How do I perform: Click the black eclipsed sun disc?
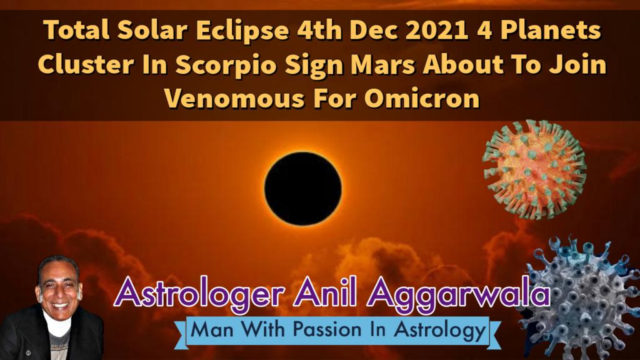(303, 188)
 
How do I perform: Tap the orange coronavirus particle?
(535, 169)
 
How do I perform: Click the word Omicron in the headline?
(422, 98)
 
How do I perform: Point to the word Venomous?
(234, 98)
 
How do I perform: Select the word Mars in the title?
(382, 64)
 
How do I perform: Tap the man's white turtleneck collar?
(57, 325)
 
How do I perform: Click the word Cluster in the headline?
(86, 64)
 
